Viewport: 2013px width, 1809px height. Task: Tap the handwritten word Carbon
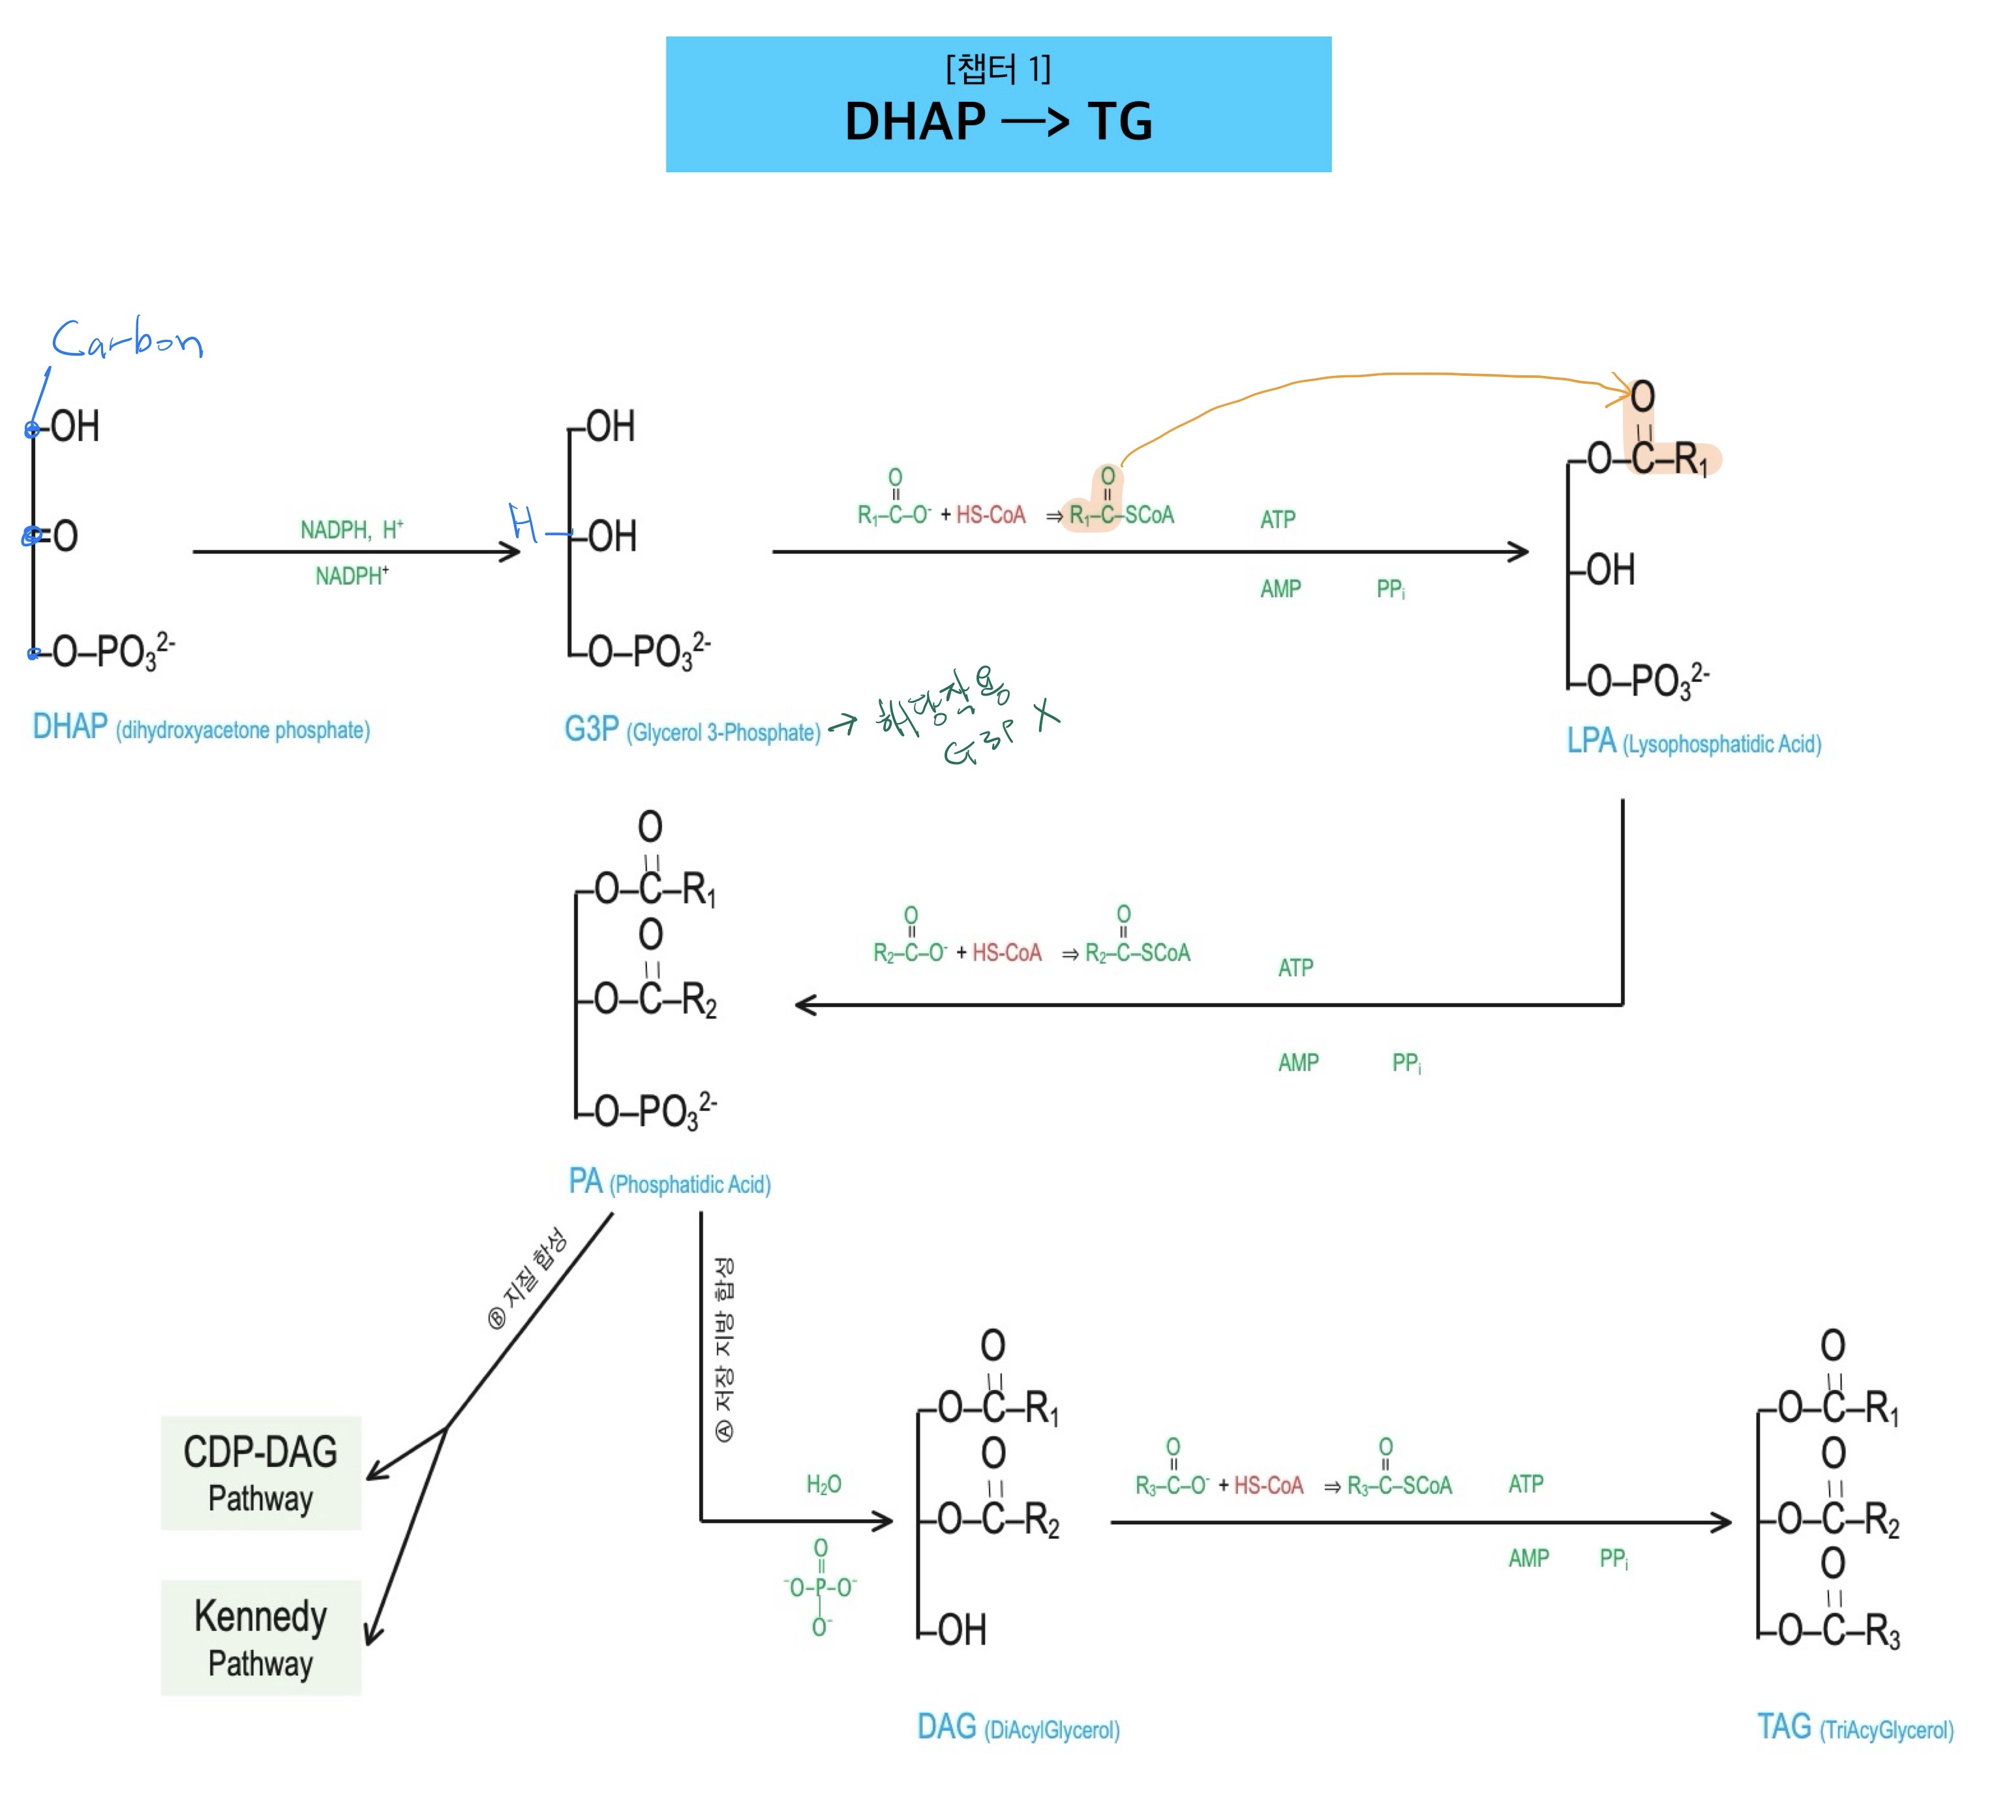(127, 340)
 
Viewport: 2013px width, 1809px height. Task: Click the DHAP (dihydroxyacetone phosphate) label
(201, 728)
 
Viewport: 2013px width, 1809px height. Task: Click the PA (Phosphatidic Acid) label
(669, 1182)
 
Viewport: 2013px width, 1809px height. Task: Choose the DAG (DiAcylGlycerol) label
(1018, 1727)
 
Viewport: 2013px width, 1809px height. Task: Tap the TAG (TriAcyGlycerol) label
(1854, 1727)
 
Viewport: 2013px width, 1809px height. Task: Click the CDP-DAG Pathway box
(260, 1472)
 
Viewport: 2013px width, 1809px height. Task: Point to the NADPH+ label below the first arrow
(352, 576)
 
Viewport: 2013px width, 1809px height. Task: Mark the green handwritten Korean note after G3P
(954, 714)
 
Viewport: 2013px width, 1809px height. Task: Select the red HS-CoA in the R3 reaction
(1268, 1485)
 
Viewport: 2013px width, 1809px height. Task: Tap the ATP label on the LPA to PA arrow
(1295, 967)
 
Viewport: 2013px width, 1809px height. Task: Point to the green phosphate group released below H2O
(820, 1586)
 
